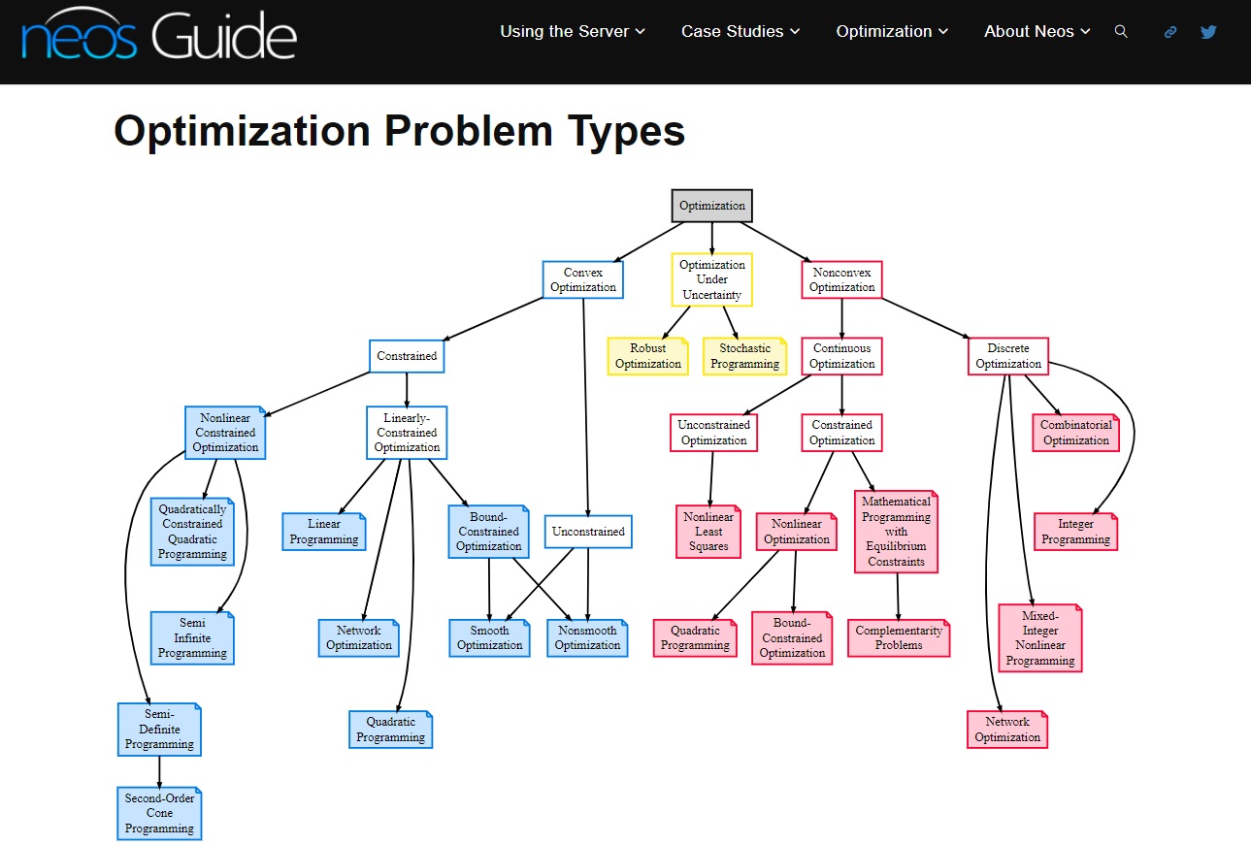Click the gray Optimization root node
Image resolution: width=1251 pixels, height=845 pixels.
pos(711,206)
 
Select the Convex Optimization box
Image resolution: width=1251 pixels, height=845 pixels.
pos(582,279)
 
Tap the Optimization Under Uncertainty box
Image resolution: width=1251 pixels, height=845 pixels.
pos(711,279)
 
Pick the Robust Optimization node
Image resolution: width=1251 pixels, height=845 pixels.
pos(648,356)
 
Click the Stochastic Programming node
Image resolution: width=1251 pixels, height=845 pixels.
pos(744,356)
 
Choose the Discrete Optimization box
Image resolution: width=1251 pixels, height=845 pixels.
pos(1008,356)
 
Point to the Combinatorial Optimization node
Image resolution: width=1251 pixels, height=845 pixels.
pos(1075,433)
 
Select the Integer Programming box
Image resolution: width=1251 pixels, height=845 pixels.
pos(1075,532)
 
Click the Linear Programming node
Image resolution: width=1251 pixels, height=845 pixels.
pos(324,532)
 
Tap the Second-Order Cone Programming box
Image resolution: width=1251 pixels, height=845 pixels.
pos(159,813)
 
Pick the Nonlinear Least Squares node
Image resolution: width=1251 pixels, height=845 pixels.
pos(708,532)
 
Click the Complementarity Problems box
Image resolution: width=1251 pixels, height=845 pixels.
pos(899,638)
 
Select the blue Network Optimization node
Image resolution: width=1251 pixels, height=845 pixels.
pos(358,638)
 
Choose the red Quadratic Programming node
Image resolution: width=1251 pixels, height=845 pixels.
pos(695,638)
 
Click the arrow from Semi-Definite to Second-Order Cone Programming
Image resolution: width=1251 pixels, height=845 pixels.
pos(159,772)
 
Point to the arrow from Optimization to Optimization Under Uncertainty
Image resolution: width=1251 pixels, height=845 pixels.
pos(711,239)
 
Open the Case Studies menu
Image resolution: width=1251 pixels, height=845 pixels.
pos(740,31)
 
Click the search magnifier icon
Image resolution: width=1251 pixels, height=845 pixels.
pos(1120,31)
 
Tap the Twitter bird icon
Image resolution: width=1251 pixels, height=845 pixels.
pos(1208,31)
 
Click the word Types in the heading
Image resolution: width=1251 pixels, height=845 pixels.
pos(626,131)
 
